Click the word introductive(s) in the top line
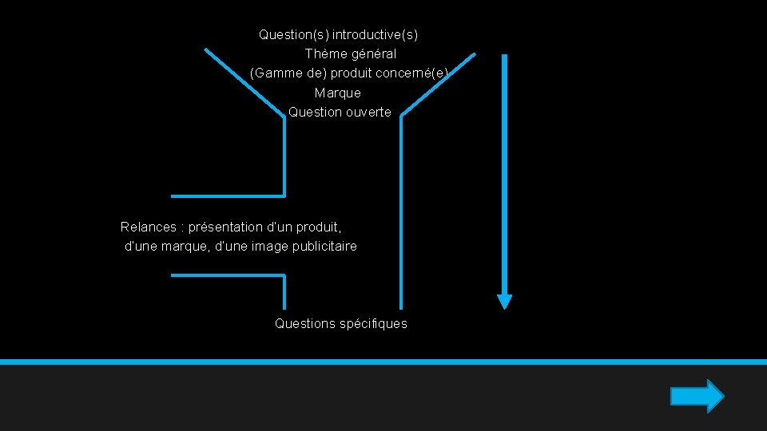tap(375, 35)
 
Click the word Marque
tap(337, 93)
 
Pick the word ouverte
tap(368, 112)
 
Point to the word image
tap(269, 246)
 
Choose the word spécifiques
tap(373, 323)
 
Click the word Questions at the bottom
tap(305, 323)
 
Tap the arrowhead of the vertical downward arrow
tap(504, 301)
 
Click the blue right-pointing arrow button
tap(697, 396)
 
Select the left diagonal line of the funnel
tap(244, 82)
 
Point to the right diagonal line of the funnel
tap(438, 85)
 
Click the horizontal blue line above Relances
tap(228, 196)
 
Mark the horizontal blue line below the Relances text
tap(228, 275)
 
